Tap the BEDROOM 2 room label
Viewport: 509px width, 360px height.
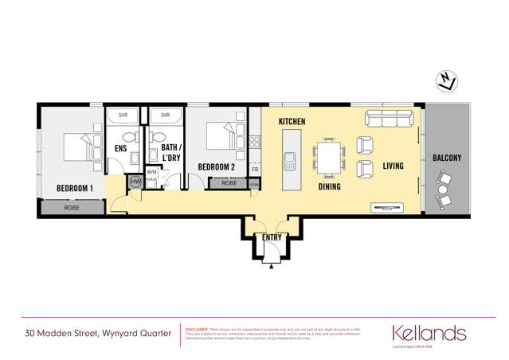click(216, 166)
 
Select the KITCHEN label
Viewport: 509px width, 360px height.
click(292, 121)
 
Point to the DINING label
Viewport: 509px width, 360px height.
click(330, 187)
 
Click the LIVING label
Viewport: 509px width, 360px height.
click(393, 166)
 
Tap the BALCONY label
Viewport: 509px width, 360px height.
click(447, 158)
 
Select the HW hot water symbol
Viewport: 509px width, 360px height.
click(135, 182)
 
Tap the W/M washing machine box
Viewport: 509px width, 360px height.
click(152, 172)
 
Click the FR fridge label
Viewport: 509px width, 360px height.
click(255, 170)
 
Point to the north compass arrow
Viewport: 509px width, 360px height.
click(447, 80)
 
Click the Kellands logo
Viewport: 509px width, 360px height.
click(429, 331)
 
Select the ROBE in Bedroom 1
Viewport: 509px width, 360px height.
click(71, 207)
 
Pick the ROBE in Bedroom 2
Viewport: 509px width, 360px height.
click(229, 183)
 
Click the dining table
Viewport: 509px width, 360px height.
click(330, 157)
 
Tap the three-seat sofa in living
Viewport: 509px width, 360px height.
click(389, 119)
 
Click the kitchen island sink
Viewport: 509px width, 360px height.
click(289, 162)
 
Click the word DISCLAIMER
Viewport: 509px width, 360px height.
click(196, 328)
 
